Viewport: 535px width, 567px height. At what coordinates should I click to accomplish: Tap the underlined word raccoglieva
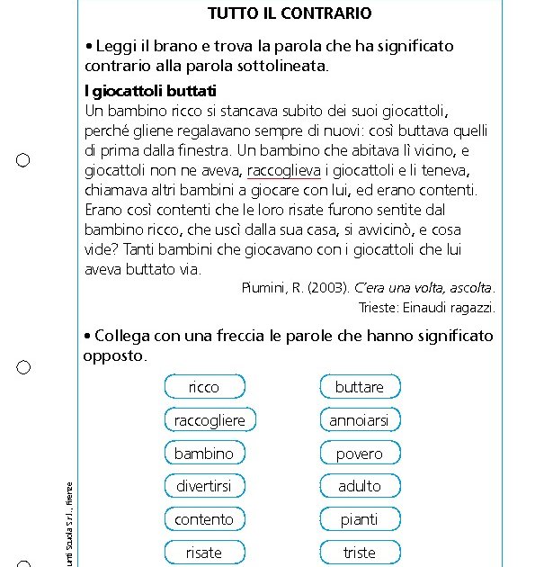[283, 170]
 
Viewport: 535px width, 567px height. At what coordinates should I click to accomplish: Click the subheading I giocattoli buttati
[150, 92]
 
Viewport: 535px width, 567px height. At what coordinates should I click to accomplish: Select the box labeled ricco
[204, 387]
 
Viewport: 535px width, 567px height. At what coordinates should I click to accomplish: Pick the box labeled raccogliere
[210, 420]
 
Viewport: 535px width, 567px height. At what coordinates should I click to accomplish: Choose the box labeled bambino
[204, 454]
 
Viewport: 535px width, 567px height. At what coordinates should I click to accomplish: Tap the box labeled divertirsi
[204, 486]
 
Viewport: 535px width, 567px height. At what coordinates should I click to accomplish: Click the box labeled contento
[204, 519]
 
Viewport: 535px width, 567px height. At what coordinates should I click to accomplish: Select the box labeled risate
[204, 553]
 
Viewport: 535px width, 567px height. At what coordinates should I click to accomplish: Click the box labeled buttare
[360, 387]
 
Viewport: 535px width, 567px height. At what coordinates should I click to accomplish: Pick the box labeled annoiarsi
[360, 420]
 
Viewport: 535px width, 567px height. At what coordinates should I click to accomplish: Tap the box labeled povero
[360, 454]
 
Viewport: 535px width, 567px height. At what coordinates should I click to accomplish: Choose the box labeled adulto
[360, 486]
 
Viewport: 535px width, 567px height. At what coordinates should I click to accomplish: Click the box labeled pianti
[360, 519]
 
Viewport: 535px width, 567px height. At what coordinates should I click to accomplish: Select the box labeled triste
[360, 553]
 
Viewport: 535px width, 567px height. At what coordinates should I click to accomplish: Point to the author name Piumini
[263, 288]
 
